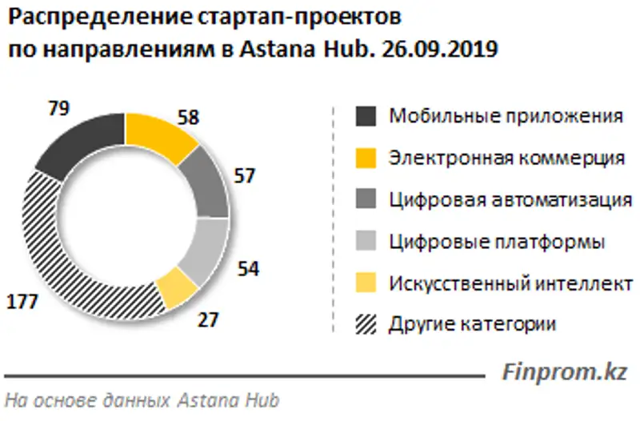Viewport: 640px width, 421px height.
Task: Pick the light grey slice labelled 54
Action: click(203, 245)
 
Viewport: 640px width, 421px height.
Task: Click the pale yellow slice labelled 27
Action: click(177, 289)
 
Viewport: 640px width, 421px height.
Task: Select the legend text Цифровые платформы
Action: click(496, 241)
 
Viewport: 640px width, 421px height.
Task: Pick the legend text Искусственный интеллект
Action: click(510, 283)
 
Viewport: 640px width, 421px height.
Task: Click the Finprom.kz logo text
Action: click(563, 371)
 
